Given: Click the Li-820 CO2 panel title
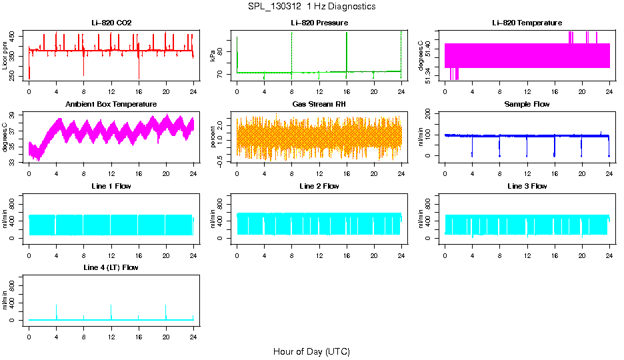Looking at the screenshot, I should [x=111, y=23].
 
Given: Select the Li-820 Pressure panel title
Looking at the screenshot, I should [x=319, y=23].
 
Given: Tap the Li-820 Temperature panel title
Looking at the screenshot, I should [x=527, y=23].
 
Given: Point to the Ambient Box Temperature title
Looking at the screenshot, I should [x=111, y=105].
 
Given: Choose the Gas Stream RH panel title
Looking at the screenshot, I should [x=319, y=105].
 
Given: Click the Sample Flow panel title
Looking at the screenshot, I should [x=527, y=105].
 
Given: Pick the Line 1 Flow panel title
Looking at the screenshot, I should [x=111, y=186].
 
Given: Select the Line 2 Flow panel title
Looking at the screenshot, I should [x=319, y=186].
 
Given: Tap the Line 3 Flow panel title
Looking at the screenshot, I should [x=527, y=186].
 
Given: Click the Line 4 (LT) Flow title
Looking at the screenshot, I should [x=111, y=267].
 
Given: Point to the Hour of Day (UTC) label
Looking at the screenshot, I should [x=311, y=351].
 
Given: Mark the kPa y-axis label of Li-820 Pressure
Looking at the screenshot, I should [x=213, y=56].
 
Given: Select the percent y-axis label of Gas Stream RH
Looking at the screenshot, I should [x=213, y=137].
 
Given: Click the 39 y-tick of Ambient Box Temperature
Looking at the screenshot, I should [x=15, y=115].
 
